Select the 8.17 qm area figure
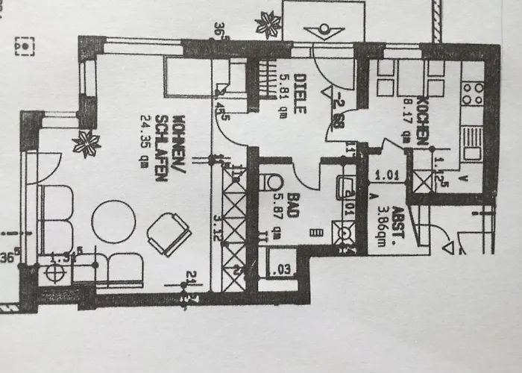[407, 121]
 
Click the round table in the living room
[114, 222]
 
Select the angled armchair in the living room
[169, 233]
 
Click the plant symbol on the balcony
[267, 25]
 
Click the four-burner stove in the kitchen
[472, 93]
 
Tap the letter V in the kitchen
[465, 178]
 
